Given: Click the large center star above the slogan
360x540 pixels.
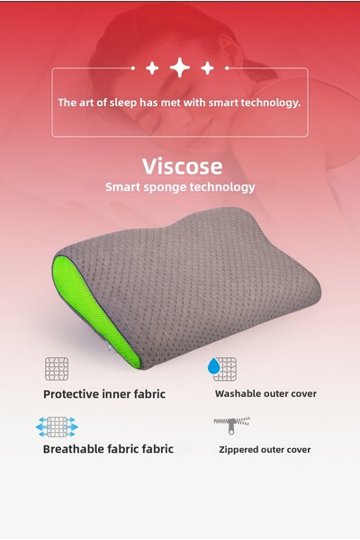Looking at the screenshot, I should click(180, 67).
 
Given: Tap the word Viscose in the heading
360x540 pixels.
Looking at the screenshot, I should click(180, 166).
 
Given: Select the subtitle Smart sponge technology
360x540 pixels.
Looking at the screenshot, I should click(180, 187).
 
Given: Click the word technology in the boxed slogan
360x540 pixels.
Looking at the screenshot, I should click(267, 103).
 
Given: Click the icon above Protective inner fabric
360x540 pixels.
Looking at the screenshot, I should click(57, 368).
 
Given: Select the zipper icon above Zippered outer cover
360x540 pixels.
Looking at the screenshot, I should click(231, 421).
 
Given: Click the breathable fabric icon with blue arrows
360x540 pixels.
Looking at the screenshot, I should click(57, 425).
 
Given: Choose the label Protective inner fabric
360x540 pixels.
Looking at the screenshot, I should click(104, 393).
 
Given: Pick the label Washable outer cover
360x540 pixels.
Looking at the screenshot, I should click(265, 393).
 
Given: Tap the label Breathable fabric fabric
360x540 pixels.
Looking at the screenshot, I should click(108, 448).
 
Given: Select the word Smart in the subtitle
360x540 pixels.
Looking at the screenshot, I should click(124, 187).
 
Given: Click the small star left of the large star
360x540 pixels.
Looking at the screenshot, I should click(152, 67).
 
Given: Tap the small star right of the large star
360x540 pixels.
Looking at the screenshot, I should click(207, 67).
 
